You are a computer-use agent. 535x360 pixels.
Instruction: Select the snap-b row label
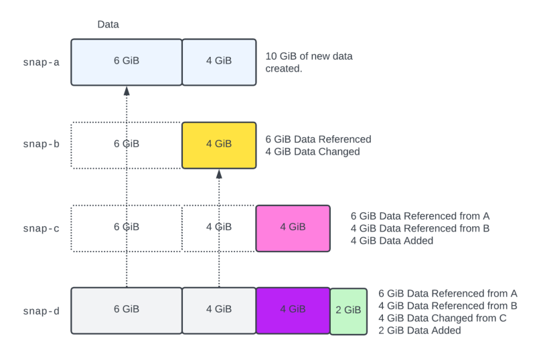click(x=42, y=145)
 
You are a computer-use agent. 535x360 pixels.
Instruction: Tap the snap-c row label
click(x=42, y=228)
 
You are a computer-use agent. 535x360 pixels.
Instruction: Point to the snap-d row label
click(x=42, y=311)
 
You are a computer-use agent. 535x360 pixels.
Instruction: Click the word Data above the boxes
click(x=108, y=25)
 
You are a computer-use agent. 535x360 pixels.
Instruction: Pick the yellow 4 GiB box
click(x=219, y=145)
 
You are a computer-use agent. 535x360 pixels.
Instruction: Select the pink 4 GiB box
click(x=293, y=228)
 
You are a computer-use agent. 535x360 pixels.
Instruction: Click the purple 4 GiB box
click(x=293, y=310)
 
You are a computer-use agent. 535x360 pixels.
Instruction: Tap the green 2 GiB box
click(x=348, y=310)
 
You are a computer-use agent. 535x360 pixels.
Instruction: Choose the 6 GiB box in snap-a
click(x=127, y=62)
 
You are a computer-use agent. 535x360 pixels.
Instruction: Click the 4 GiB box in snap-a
click(x=219, y=62)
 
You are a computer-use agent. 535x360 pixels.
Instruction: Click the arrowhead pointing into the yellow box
click(x=219, y=174)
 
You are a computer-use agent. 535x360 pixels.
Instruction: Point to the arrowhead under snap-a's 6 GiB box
click(x=127, y=91)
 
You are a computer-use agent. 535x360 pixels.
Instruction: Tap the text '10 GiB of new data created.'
click(x=309, y=62)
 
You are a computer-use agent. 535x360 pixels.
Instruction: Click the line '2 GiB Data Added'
click(x=420, y=331)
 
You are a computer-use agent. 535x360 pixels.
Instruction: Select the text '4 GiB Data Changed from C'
click(x=443, y=318)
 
